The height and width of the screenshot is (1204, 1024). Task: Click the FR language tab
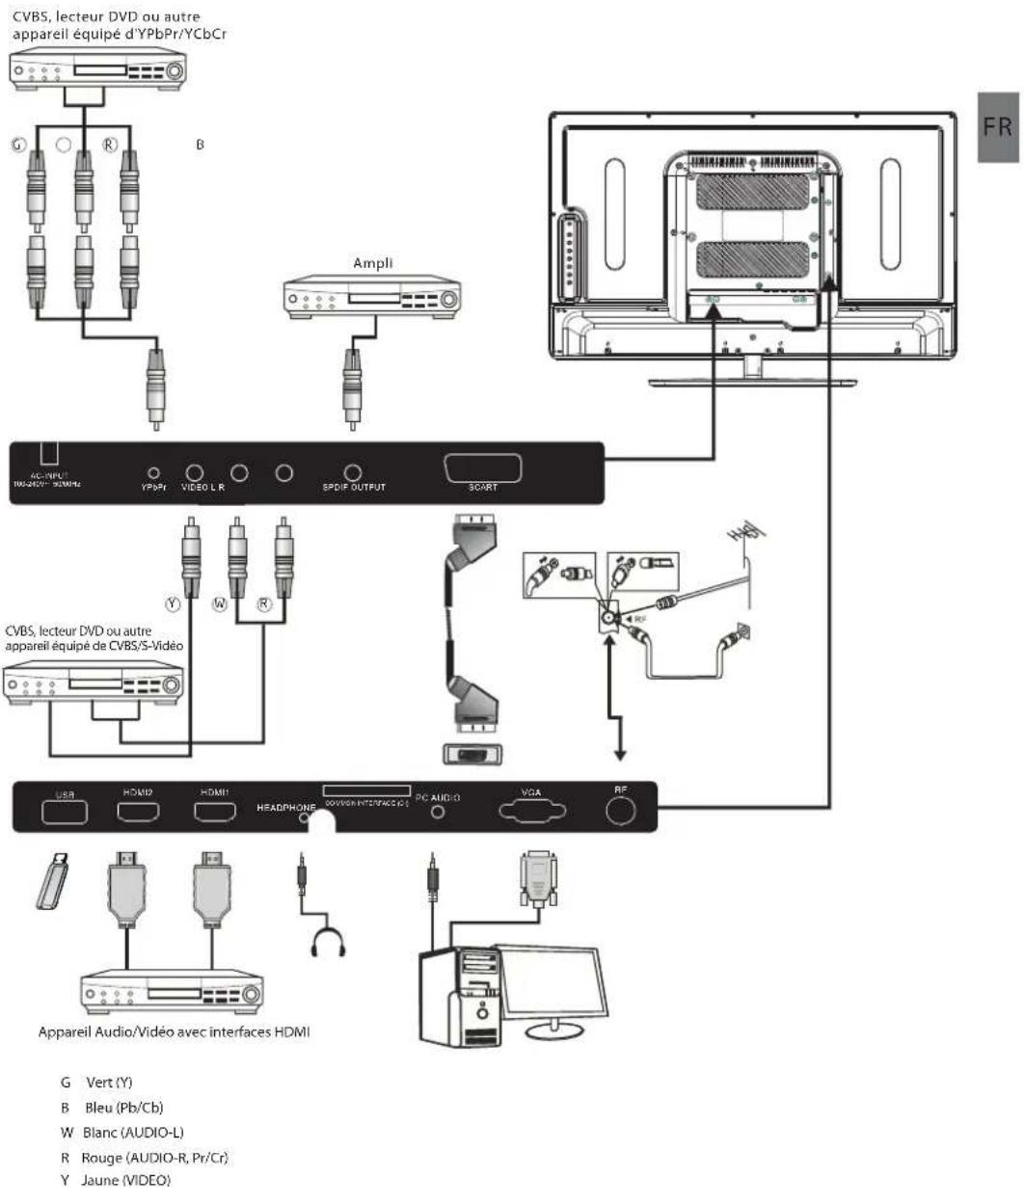click(999, 126)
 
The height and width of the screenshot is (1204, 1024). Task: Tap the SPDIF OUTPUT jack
click(353, 472)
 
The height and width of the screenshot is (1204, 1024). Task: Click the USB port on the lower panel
click(65, 812)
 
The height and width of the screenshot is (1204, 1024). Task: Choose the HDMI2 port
click(138, 812)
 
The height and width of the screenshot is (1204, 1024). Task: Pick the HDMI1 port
click(213, 812)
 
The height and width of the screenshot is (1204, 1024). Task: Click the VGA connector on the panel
click(531, 811)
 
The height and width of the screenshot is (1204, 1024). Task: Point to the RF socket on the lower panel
click(622, 812)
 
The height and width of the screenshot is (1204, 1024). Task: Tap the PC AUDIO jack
click(439, 812)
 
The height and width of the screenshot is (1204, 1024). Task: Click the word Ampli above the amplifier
click(372, 263)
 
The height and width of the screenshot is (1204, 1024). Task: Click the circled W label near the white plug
click(220, 604)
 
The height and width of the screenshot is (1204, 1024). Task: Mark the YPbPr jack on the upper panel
click(153, 472)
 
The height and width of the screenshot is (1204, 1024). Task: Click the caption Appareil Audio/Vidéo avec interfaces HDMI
click(174, 1032)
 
